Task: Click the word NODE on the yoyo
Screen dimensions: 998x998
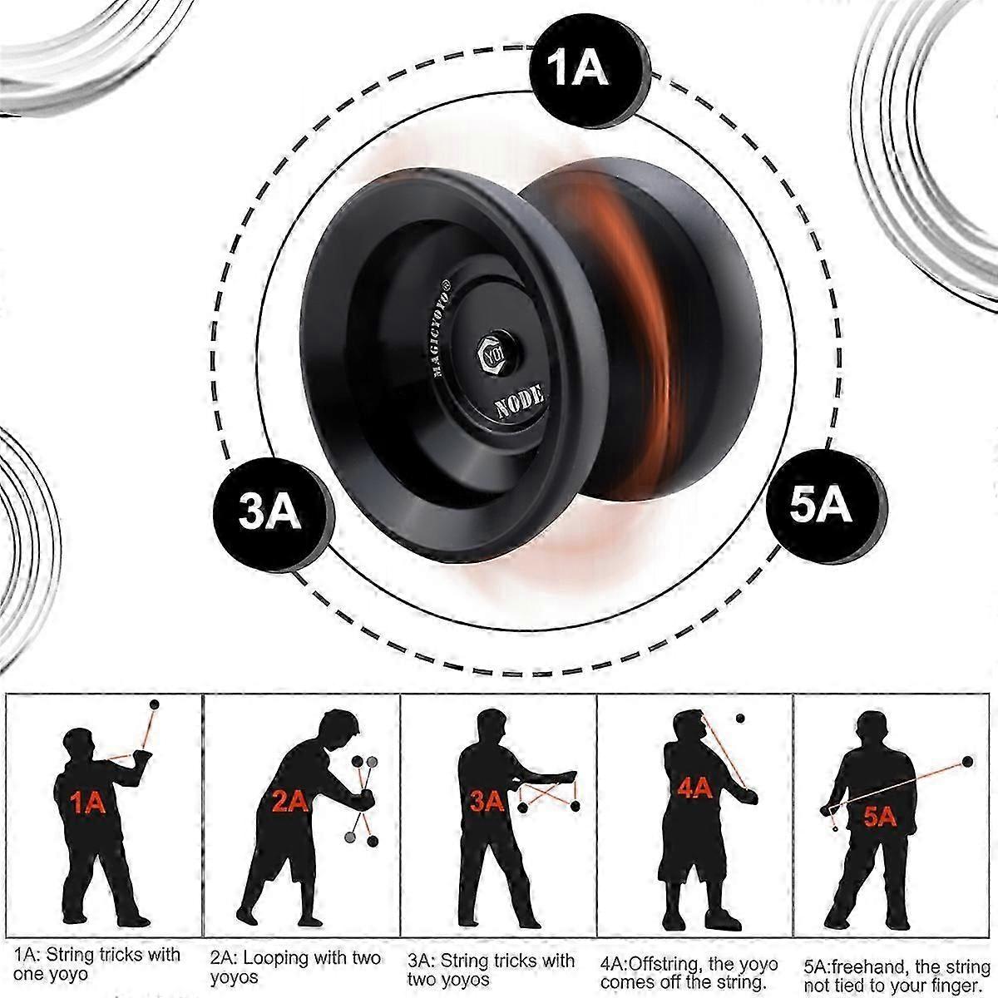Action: pyautogui.click(x=520, y=401)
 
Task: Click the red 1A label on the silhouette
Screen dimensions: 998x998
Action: pyautogui.click(x=87, y=804)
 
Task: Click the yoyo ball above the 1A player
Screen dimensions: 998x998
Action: pyautogui.click(x=154, y=705)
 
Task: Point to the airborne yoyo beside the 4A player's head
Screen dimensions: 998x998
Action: pyautogui.click(x=740, y=719)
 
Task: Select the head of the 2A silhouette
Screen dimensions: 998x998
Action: pyautogui.click(x=339, y=728)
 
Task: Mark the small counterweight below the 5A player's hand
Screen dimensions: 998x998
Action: pyautogui.click(x=835, y=843)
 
